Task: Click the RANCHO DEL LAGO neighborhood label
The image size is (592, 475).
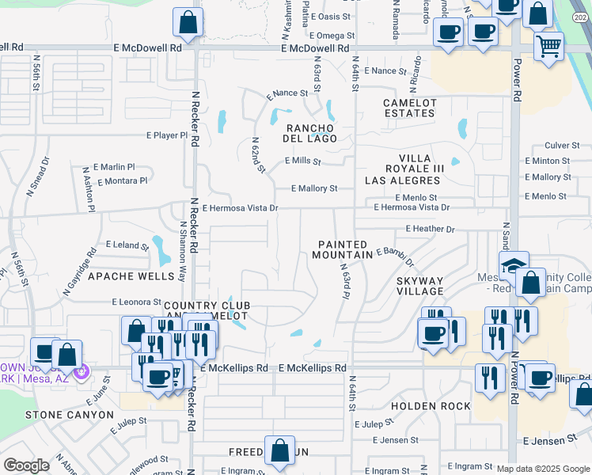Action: click(x=311, y=133)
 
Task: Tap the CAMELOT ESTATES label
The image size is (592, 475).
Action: click(x=409, y=108)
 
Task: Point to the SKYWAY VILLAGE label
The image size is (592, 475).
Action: click(x=419, y=286)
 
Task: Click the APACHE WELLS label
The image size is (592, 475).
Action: click(x=131, y=276)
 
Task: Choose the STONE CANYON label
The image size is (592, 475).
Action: click(x=70, y=414)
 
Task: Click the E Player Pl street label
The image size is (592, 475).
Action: click(x=167, y=135)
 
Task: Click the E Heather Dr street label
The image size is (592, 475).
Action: click(x=430, y=229)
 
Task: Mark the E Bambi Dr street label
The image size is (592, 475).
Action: click(x=396, y=256)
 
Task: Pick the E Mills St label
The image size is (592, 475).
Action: click(x=302, y=161)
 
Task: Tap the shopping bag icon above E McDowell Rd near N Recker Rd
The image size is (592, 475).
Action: click(x=188, y=23)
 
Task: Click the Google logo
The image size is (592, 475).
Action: click(x=26, y=465)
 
